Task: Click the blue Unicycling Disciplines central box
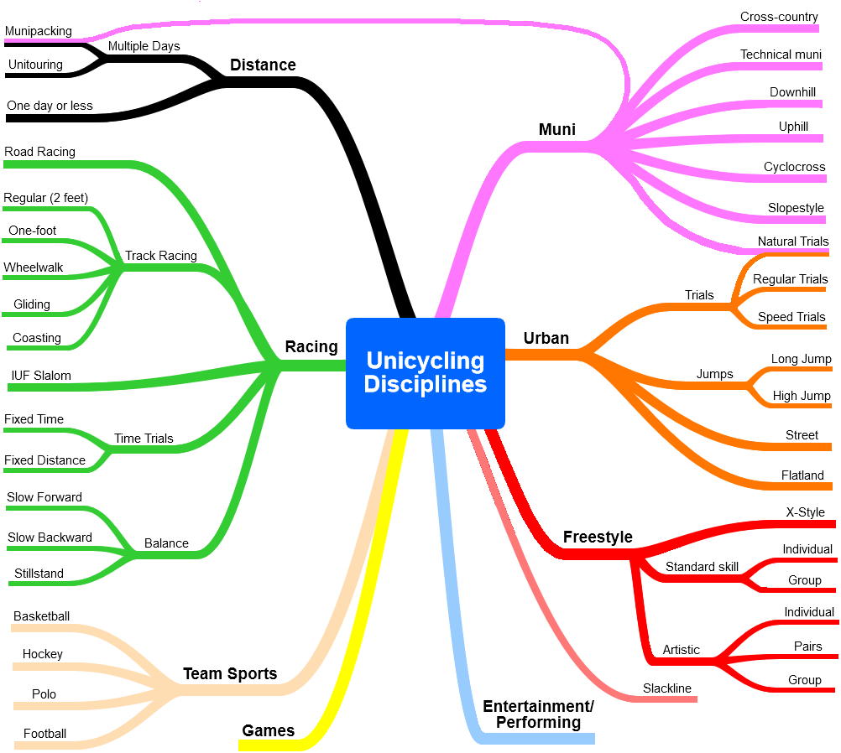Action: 426,373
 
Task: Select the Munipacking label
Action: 38,31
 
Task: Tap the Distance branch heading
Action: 263,65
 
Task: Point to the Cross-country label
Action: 779,17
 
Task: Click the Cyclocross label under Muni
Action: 794,167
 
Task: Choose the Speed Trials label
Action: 791,317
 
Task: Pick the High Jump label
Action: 802,396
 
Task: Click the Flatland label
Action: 802,475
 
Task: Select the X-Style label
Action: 805,512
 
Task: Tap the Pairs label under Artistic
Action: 807,647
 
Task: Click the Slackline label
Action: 667,688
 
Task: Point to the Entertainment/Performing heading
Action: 538,714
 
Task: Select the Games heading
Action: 269,730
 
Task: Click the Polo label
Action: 44,694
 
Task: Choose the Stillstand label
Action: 39,574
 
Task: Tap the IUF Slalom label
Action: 41,376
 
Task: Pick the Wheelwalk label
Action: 34,267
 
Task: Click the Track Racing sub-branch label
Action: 161,256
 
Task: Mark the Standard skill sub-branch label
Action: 702,567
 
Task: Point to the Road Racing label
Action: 39,152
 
